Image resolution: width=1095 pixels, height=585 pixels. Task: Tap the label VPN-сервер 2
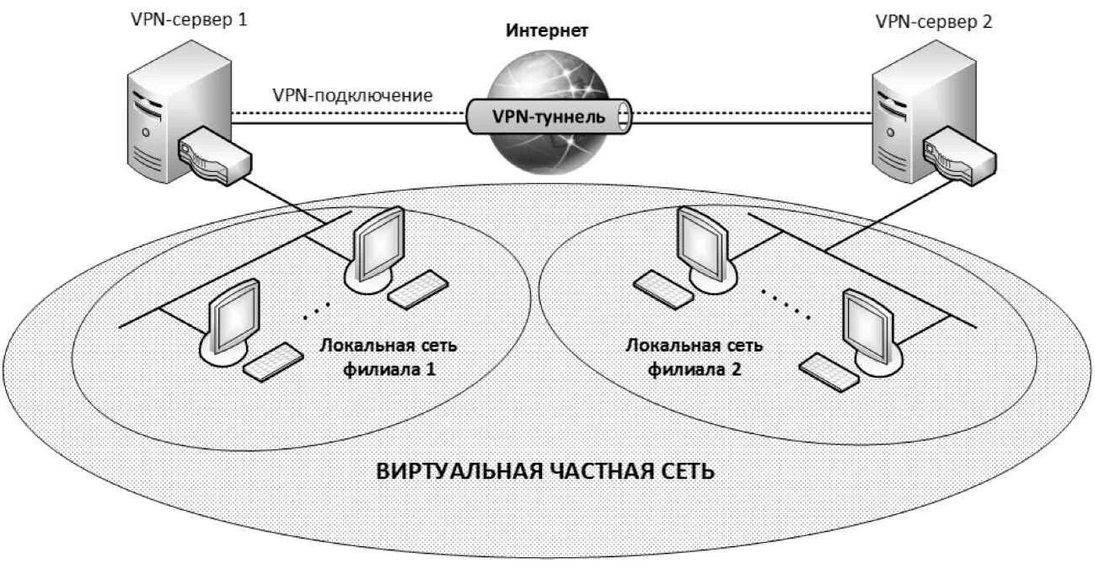(x=934, y=22)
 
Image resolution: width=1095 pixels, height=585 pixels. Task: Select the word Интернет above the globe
(x=546, y=31)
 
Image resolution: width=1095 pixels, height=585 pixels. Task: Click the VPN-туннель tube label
(x=548, y=116)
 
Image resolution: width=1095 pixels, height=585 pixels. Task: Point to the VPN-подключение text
(x=352, y=95)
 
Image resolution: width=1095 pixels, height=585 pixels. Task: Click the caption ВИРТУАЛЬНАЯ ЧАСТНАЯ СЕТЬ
(x=545, y=470)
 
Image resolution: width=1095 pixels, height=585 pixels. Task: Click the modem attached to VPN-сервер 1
(x=212, y=155)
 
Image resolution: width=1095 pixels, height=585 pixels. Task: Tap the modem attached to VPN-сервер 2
(x=958, y=155)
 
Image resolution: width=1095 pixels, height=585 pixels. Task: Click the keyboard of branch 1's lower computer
(x=273, y=360)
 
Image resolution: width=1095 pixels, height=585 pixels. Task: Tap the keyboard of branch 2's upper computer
(x=664, y=283)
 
